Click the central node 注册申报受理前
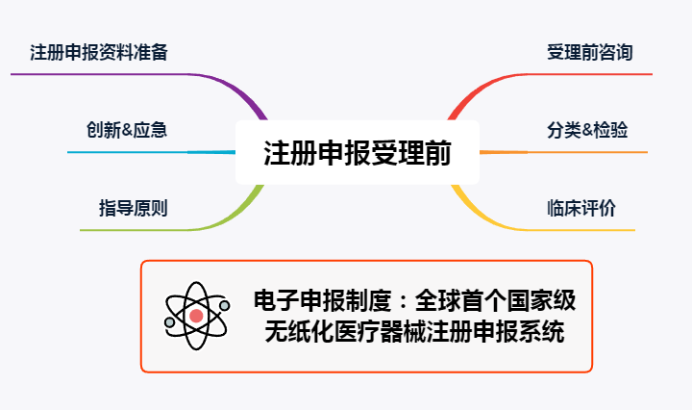point(357,152)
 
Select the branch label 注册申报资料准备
point(99,52)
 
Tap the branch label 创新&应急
point(126,130)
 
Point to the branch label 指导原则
point(133,207)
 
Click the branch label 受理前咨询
point(589,52)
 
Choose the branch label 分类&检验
point(587,130)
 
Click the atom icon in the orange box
point(197,315)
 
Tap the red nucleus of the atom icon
point(197,316)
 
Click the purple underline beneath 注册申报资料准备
point(96,73)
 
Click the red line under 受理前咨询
point(596,73)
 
